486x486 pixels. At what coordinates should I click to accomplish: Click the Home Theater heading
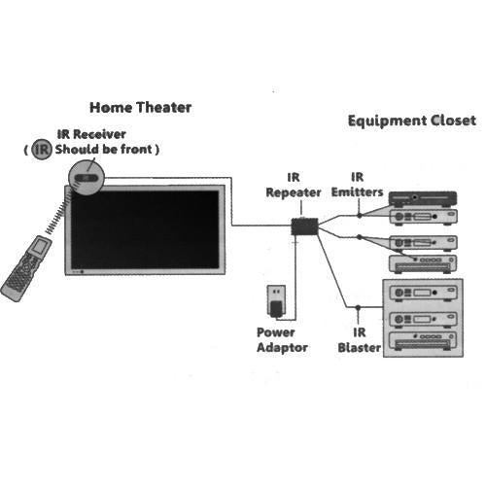pyautogui.click(x=141, y=108)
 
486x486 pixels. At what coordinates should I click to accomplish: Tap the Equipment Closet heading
pyautogui.click(x=411, y=121)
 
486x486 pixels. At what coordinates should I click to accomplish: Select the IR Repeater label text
pyautogui.click(x=293, y=186)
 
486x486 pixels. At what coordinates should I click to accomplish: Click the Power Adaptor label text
pyautogui.click(x=276, y=338)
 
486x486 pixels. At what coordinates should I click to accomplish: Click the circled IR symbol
pyautogui.click(x=40, y=150)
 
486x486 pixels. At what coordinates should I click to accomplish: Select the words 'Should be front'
pyautogui.click(x=107, y=150)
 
